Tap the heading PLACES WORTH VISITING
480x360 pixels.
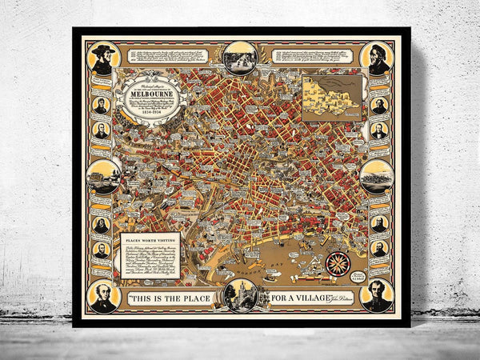[150, 239]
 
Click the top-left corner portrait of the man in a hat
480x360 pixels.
[102, 58]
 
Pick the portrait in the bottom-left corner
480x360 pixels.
[103, 294]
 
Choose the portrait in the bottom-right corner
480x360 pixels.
[378, 294]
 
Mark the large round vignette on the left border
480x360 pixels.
[105, 177]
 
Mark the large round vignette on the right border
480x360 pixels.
[377, 177]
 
